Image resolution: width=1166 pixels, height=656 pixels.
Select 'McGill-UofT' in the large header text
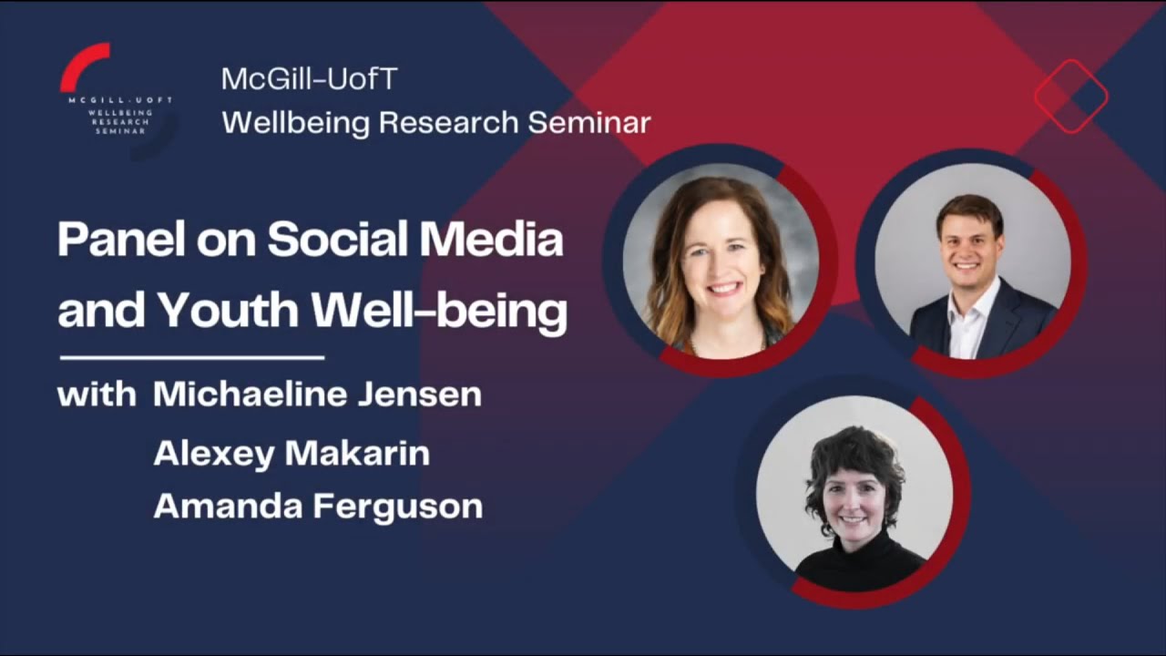[x=310, y=79]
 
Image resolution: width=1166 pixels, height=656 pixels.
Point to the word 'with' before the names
[x=97, y=395]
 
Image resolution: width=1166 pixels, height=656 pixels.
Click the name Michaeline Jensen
[x=317, y=395]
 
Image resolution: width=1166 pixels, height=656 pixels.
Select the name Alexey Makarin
[x=291, y=453]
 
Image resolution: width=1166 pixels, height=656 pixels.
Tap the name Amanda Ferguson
[x=318, y=507]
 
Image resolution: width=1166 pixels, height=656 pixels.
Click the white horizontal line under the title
[x=192, y=358]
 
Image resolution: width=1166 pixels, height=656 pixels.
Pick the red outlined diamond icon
[x=1070, y=96]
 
